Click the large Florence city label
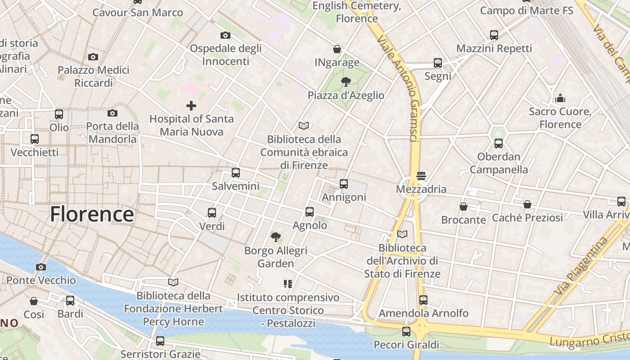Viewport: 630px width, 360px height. click(x=92, y=214)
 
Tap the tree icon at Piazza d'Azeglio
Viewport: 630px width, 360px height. click(x=346, y=81)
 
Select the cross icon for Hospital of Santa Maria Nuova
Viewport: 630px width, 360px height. click(x=191, y=106)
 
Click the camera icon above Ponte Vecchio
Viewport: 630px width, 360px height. click(x=41, y=267)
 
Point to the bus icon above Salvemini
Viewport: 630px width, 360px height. click(x=235, y=172)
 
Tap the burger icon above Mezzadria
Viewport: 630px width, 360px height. click(x=421, y=175)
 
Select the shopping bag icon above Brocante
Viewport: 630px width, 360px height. click(x=463, y=207)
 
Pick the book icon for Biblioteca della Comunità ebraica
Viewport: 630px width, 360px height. click(x=304, y=126)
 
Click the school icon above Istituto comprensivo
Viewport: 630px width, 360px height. click(x=288, y=283)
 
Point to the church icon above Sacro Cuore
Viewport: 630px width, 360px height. click(x=560, y=98)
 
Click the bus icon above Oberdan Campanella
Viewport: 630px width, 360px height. click(x=499, y=144)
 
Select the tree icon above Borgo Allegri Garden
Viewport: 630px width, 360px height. click(x=276, y=237)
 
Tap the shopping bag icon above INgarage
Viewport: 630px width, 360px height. click(x=337, y=49)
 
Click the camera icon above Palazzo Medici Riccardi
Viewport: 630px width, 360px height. click(x=93, y=57)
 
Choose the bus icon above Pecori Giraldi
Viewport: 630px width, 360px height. click(x=406, y=332)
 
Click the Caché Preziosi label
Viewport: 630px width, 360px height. click(x=527, y=218)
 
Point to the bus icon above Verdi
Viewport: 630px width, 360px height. click(x=212, y=212)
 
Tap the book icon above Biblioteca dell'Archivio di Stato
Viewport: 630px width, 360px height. click(x=403, y=234)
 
